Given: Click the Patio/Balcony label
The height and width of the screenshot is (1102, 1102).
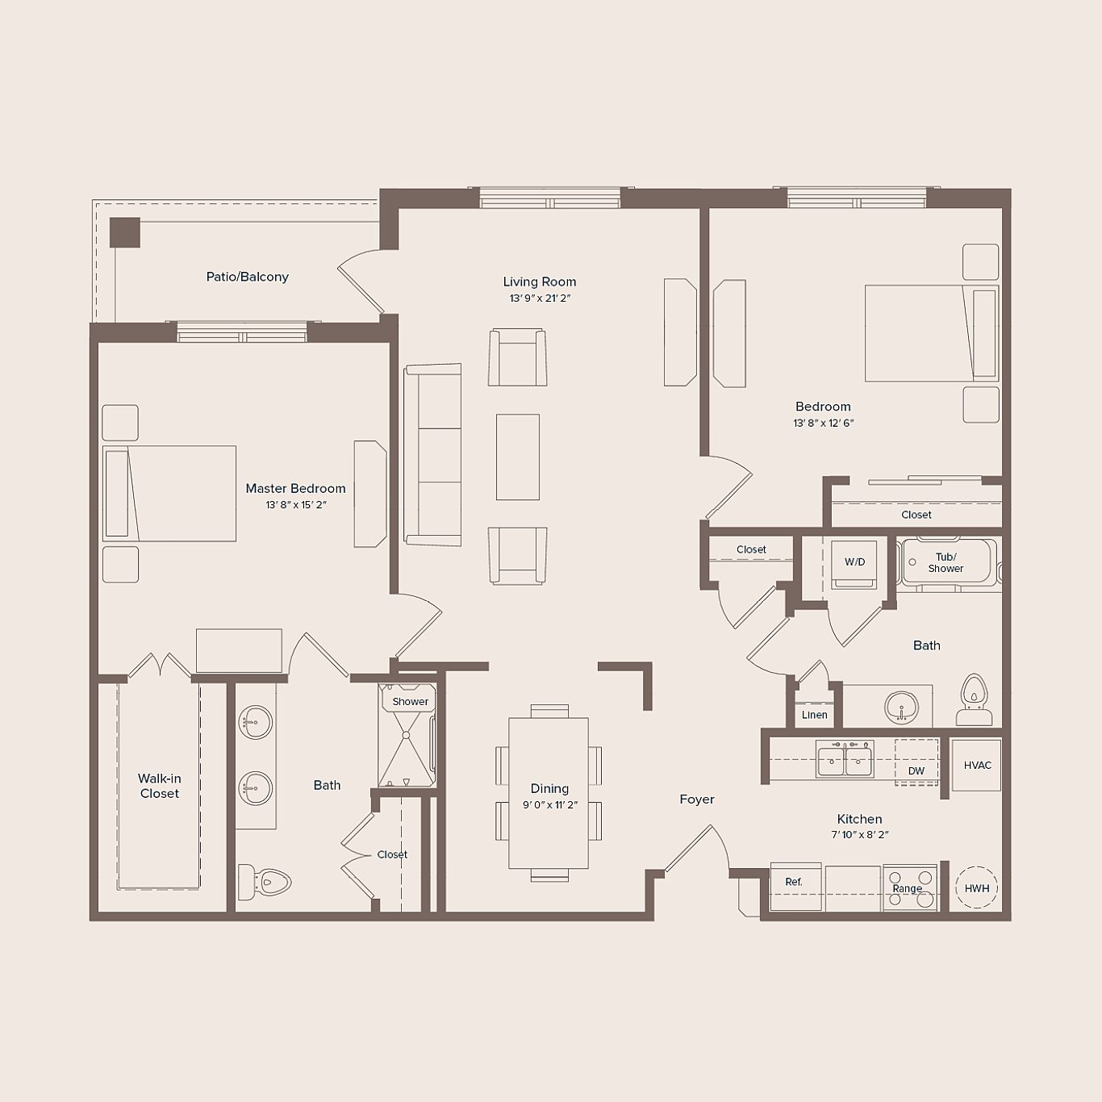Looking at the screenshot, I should (x=247, y=277).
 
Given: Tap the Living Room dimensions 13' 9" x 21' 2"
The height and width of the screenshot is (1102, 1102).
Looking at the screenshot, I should (x=540, y=298).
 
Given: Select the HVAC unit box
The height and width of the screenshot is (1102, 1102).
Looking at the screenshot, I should (x=977, y=765).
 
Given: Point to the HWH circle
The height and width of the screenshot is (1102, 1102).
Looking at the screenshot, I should (x=976, y=888).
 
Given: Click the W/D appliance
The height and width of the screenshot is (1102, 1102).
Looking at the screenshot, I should (x=854, y=562).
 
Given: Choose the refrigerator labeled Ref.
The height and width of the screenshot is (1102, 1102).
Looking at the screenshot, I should (x=795, y=887).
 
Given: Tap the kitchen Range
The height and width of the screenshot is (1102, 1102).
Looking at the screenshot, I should (x=909, y=887).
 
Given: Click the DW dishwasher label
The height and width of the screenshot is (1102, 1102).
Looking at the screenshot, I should (x=916, y=770).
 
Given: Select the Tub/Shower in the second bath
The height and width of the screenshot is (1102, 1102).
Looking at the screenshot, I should (x=948, y=562).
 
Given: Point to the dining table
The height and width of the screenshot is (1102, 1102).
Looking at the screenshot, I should (x=549, y=792).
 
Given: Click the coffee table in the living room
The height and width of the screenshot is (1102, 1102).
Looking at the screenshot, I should (x=517, y=457).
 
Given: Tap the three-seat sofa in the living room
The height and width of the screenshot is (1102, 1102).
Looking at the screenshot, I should (x=433, y=455).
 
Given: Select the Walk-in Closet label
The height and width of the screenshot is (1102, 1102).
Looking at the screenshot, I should (x=160, y=786).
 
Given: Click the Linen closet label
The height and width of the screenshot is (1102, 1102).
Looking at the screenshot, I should (x=814, y=715).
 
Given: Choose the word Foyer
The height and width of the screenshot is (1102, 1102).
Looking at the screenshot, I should (x=696, y=799).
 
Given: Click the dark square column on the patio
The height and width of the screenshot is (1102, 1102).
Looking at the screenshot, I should (x=125, y=232).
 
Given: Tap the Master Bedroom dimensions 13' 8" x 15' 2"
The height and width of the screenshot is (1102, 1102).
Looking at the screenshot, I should (x=296, y=505).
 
